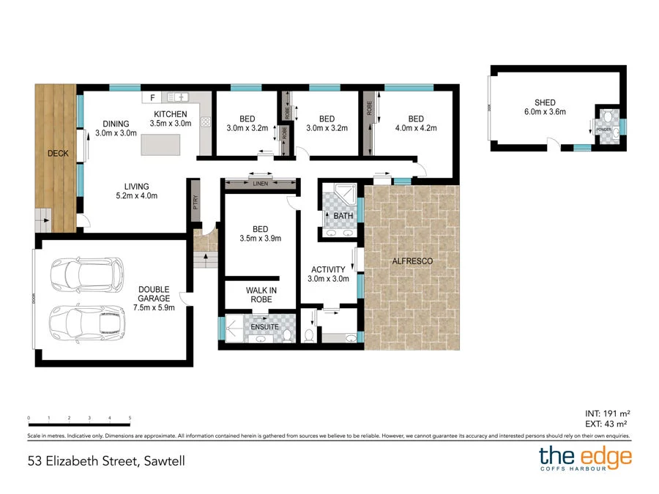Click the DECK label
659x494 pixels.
click(57, 154)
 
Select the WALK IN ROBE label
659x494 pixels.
click(260, 294)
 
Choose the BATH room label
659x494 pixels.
click(343, 216)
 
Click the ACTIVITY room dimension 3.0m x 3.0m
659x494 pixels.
click(328, 279)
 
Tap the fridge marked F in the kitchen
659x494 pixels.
click(152, 97)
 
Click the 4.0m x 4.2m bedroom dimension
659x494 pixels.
click(416, 128)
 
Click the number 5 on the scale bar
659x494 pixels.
click(130, 418)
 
